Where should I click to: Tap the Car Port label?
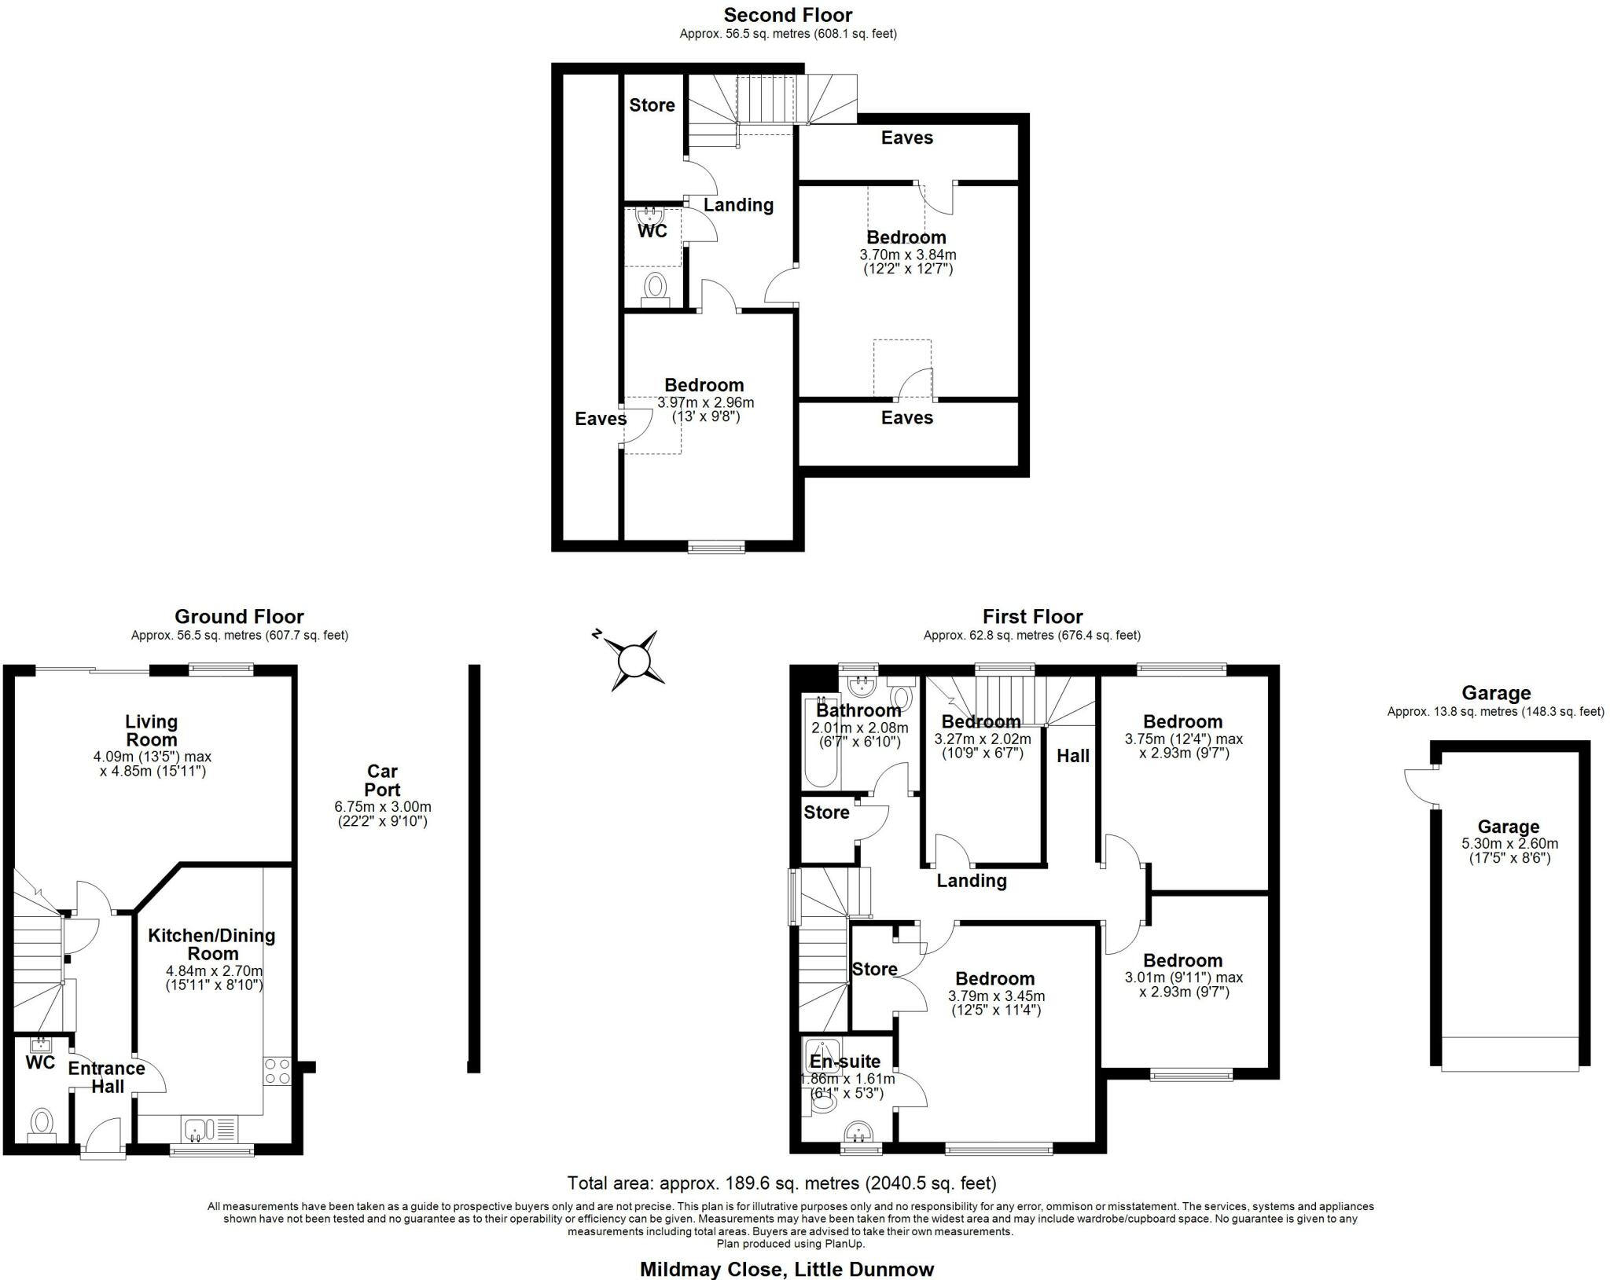coord(382,780)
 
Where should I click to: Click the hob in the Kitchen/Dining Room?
coord(278,1071)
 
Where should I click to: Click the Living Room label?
coord(152,730)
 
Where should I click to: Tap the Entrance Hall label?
coord(107,1077)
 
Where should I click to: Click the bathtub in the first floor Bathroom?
coord(819,741)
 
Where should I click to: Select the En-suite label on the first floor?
coord(845,1062)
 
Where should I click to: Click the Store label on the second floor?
coord(652,105)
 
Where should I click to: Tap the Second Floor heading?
coord(788,15)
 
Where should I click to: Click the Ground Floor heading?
coord(239,617)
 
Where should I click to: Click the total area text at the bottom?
coord(782,1183)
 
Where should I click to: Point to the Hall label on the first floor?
coord(1073,756)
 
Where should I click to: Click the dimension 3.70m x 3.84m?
coord(908,255)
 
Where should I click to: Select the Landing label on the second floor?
coord(738,205)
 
